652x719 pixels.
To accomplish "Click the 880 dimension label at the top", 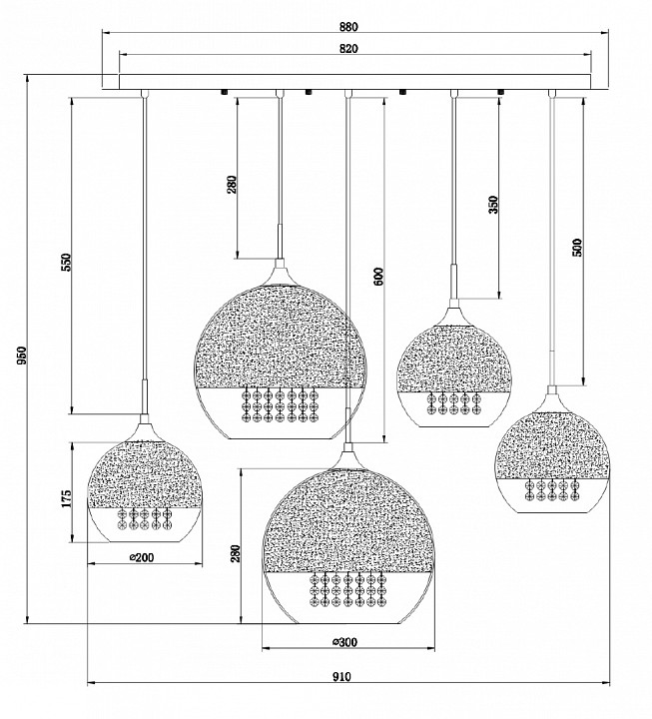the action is [348, 27].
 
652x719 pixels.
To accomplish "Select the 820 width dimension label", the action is [348, 48].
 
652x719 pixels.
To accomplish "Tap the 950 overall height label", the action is [22, 357].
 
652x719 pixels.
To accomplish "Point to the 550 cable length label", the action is [67, 262].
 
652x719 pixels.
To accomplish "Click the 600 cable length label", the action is [378, 277].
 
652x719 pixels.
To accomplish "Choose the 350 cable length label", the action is [493, 205].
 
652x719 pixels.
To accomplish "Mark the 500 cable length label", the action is [577, 248].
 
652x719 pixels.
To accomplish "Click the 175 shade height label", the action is [67, 498].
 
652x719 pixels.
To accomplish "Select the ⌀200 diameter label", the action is [142, 557].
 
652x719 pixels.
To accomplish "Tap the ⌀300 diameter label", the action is [344, 642].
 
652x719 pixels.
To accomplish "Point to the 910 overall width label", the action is [341, 676].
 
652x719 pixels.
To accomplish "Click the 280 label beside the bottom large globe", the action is [236, 553].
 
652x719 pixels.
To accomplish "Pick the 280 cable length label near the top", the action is [233, 185].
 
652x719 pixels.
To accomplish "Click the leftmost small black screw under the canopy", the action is [225, 92].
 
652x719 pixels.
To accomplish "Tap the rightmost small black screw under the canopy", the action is [501, 92].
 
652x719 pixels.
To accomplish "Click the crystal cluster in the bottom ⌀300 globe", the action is [347, 590].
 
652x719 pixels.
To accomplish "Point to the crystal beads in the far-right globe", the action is [551, 489].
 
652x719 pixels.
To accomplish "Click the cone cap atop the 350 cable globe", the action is [454, 313].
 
